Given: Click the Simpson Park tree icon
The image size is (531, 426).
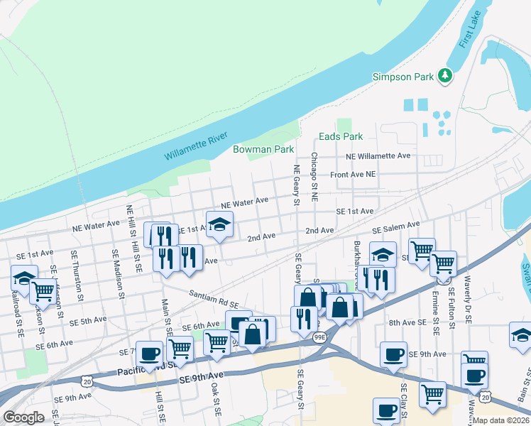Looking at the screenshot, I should coord(445,75).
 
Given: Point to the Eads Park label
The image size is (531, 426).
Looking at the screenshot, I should coord(341,136).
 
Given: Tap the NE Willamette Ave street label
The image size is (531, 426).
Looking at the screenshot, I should coord(378,155).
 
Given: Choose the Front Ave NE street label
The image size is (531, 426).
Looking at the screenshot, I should coord(352,174).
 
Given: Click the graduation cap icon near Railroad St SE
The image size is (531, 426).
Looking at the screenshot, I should coord(24,277).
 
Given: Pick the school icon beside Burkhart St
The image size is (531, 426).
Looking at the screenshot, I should coord(383,253).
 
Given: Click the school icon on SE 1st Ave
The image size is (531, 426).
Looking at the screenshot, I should coord(220,224).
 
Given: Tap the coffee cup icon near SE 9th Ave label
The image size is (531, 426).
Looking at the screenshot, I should coord(393,354).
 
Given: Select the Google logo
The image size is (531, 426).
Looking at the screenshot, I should coord(23,417).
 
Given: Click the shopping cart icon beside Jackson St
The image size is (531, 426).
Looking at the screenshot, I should coord(43,290).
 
